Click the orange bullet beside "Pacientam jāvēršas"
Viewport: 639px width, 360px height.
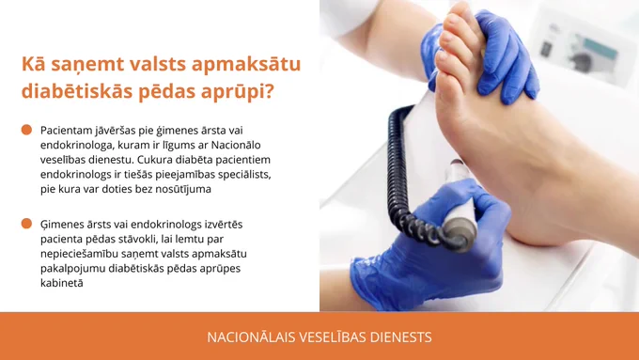click(26, 130)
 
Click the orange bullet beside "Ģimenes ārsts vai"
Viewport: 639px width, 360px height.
click(26, 224)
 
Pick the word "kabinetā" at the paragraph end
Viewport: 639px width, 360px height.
click(61, 283)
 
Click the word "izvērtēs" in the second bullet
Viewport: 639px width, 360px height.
click(224, 225)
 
